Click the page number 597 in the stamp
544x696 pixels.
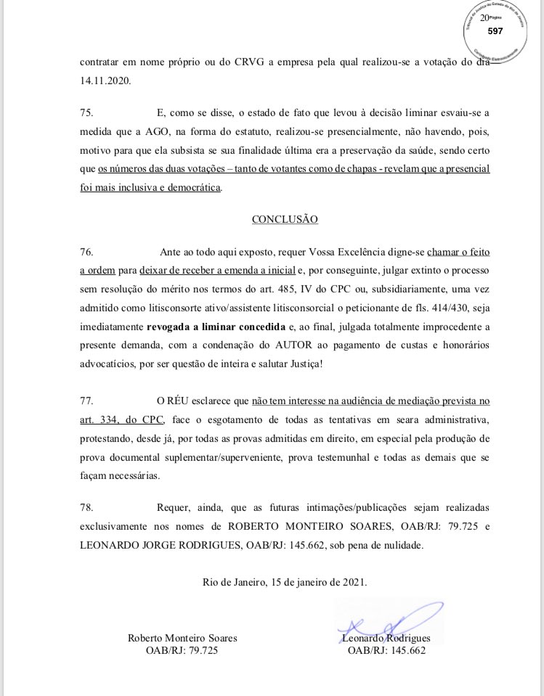pos(495,31)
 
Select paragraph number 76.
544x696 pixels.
pos(87,252)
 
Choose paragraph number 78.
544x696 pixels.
pos(87,507)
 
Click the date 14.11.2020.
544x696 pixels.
pos(105,82)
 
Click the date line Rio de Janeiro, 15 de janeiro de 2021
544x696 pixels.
pos(285,581)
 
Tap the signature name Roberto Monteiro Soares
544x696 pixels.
pos(182,638)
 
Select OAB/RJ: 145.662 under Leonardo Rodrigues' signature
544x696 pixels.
pos(386,650)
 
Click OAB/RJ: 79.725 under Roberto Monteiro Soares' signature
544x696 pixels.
pos(182,650)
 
